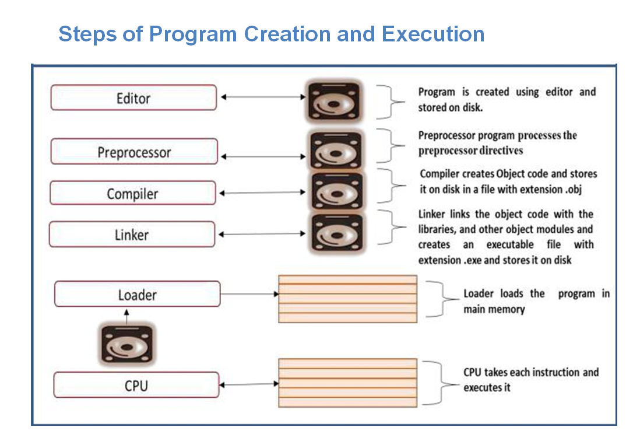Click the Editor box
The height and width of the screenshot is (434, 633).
133,97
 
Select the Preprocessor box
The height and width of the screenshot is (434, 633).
134,152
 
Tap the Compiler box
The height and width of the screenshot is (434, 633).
132,193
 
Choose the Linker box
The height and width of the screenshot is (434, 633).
132,235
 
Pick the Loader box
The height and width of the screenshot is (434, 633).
137,294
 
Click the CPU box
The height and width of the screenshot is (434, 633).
136,385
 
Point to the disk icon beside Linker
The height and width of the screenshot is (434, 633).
332,233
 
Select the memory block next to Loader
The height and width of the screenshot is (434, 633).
348,299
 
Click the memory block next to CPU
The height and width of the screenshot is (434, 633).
347,382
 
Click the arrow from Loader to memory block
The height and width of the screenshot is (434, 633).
249,294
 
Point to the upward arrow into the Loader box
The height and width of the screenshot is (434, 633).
126,316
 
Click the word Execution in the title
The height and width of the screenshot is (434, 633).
433,34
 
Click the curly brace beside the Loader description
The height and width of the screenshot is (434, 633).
444,299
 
